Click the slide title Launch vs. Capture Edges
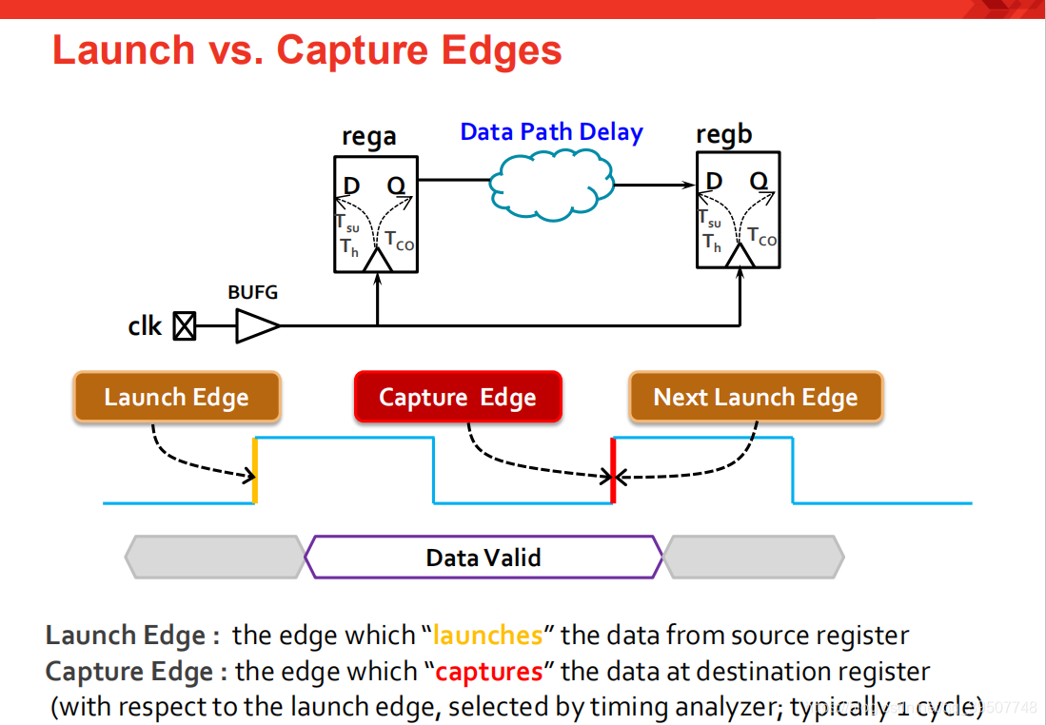pyautogui.click(x=306, y=50)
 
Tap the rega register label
pyautogui.click(x=369, y=137)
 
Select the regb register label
pyautogui.click(x=723, y=135)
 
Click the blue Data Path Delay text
pyautogui.click(x=551, y=132)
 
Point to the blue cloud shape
pyautogui.click(x=551, y=184)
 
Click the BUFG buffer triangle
pyautogui.click(x=256, y=327)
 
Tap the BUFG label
pyautogui.click(x=253, y=292)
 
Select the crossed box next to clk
pyautogui.click(x=184, y=327)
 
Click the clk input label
pyautogui.click(x=145, y=326)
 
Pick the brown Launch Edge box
pyautogui.click(x=176, y=398)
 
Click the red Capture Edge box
pyautogui.click(x=458, y=398)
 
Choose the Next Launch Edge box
pyautogui.click(x=756, y=398)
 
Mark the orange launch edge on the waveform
pyautogui.click(x=255, y=470)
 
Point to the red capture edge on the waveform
pyautogui.click(x=613, y=470)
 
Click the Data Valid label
pyautogui.click(x=484, y=558)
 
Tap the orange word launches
pyautogui.click(x=487, y=636)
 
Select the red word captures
pyautogui.click(x=489, y=672)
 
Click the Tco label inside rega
pyautogui.click(x=400, y=241)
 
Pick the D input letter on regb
pyautogui.click(x=714, y=182)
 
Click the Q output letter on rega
pyautogui.click(x=396, y=186)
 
